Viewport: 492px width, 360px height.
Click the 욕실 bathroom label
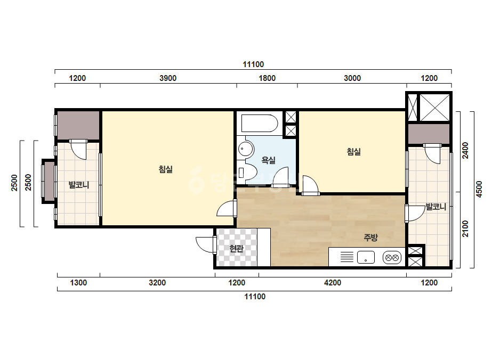coord(268,160)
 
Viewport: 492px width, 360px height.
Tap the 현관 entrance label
coord(236,249)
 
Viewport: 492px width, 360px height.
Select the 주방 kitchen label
coord(370,238)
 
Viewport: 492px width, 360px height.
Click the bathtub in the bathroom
coord(260,123)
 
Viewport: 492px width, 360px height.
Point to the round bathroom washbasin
coord(246,149)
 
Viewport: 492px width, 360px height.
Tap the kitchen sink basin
coord(366,257)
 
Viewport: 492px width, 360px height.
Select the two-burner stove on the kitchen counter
coord(392,258)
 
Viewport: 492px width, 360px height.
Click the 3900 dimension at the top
coord(168,78)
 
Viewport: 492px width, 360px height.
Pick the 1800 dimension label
coord(267,78)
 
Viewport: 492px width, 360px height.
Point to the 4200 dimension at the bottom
coord(333,283)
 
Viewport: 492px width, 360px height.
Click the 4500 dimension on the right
coord(479,189)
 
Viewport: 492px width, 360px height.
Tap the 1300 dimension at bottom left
coord(78,283)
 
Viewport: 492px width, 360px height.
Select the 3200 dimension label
coord(157,283)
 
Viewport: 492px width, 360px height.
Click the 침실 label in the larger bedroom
coord(166,170)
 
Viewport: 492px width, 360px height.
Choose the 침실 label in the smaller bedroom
coord(353,152)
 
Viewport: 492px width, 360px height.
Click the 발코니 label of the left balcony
coord(79,185)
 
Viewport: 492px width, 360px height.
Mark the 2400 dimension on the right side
coord(465,151)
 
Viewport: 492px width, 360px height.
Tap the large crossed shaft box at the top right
coord(434,108)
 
